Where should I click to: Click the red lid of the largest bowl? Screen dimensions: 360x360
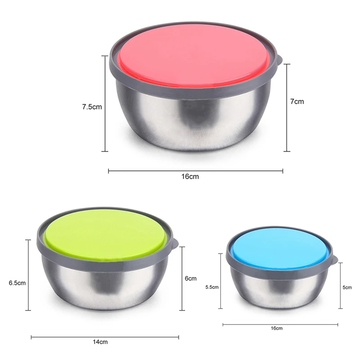tap(194, 56)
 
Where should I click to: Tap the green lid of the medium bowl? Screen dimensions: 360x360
tap(106, 234)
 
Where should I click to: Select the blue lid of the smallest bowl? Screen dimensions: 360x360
tap(280, 251)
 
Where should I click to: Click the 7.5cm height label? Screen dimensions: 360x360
tap(92, 107)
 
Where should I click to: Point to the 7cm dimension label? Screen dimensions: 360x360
tap(297, 102)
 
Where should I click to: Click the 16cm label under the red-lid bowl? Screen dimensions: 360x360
tap(190, 176)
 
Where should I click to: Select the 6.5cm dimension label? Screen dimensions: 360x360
tap(17, 283)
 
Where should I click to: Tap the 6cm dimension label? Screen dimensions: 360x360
tap(190, 278)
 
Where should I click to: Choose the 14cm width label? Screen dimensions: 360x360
tap(100, 342)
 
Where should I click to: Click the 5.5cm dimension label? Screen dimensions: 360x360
tap(212, 287)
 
